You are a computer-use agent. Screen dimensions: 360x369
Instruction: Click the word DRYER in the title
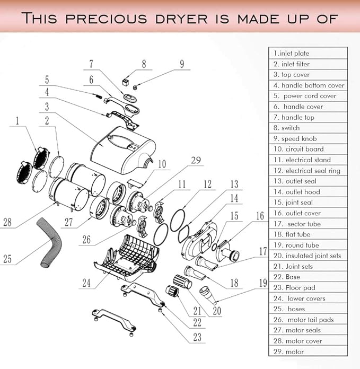(181, 19)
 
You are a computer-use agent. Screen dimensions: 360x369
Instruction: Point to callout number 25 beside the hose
(7, 259)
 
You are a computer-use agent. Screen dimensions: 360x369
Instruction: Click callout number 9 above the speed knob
(182, 64)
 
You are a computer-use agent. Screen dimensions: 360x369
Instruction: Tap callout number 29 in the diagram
(196, 160)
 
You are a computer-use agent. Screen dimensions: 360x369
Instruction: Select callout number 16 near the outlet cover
(260, 216)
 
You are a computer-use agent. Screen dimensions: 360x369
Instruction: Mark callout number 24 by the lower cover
(86, 283)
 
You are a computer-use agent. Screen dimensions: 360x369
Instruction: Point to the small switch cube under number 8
(125, 82)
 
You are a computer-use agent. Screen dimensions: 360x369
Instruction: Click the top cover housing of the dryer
(123, 150)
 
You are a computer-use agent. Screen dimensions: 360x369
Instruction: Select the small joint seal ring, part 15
(214, 247)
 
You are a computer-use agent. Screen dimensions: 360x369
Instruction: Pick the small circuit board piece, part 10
(136, 183)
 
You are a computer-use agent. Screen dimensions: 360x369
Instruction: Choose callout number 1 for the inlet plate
(17, 121)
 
